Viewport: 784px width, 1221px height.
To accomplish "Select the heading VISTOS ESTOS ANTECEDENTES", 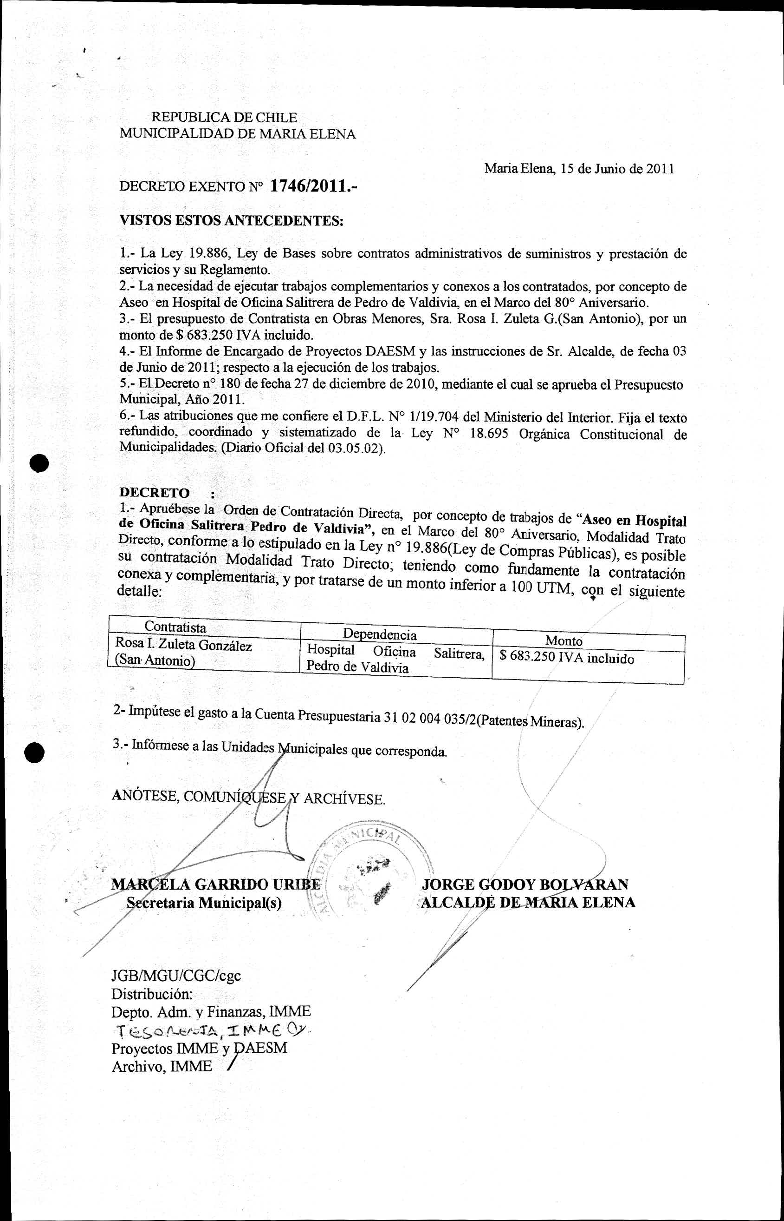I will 232,221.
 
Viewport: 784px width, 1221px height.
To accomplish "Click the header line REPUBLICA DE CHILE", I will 224,118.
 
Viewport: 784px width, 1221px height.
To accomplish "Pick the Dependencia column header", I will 380,634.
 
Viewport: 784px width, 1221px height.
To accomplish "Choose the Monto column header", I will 564,641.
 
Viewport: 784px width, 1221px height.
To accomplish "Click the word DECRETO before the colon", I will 154,493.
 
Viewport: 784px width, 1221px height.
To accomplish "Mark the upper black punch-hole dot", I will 39,463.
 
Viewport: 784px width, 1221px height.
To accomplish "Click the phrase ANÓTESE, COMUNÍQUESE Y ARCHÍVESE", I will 248,798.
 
